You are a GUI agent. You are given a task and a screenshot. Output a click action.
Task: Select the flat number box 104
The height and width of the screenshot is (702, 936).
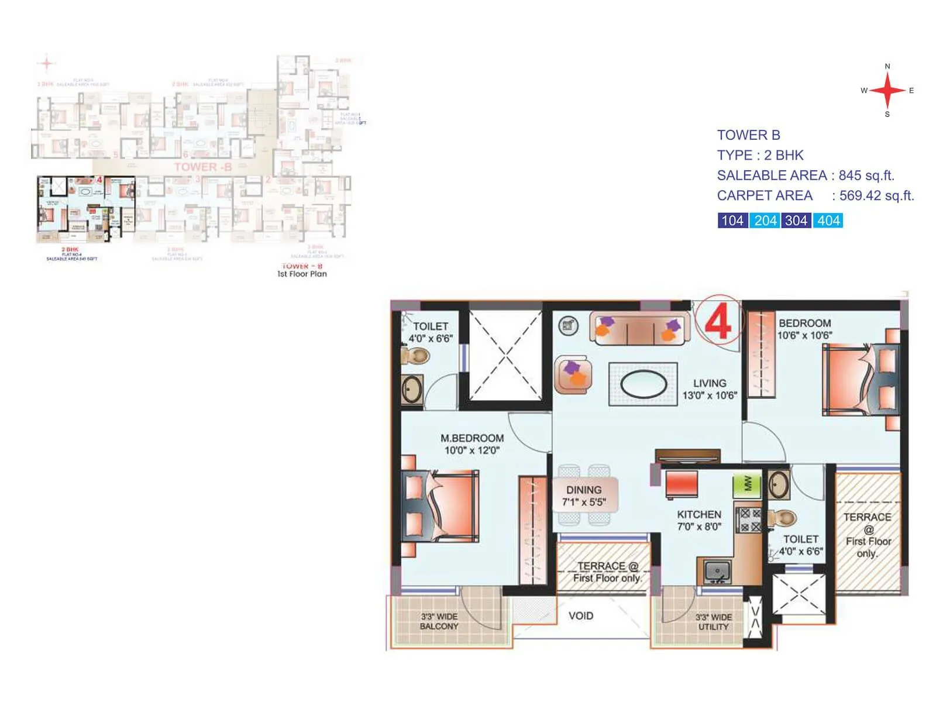pos(732,221)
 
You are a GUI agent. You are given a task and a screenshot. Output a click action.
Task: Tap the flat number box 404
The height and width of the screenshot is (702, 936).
pos(828,221)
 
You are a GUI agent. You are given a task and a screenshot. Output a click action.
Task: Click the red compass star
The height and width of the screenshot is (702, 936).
pos(887,91)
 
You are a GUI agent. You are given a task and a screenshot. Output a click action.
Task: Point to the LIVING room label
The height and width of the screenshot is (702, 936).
pos(710,383)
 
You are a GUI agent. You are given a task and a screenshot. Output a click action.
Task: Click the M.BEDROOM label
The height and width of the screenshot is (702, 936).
pos(472,438)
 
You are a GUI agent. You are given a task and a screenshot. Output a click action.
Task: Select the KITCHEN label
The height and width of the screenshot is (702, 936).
pos(699,514)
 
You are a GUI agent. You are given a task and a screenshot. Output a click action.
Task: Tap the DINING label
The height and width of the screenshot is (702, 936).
pos(584,490)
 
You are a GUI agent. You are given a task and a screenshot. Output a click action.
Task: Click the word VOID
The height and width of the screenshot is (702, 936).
pos(581,616)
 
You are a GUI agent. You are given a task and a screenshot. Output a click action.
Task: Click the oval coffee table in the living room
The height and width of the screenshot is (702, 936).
pos(643,384)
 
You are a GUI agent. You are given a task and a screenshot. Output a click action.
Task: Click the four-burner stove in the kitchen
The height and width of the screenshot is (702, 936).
pos(749,520)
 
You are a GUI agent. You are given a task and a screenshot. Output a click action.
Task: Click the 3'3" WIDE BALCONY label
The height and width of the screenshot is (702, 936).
pos(439,621)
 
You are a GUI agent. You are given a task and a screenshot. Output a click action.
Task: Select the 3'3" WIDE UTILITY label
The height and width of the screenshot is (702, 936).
pos(713,622)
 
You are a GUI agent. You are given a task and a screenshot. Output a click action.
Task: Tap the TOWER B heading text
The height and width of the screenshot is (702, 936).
pos(749,135)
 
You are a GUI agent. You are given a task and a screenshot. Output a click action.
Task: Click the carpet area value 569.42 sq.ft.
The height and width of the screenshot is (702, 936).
pos(876,196)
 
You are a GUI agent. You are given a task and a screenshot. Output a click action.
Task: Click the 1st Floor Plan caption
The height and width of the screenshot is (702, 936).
pos(302,274)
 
